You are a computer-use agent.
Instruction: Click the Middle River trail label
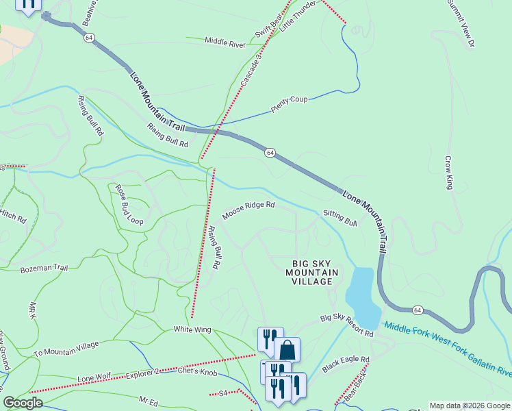pos(225,43)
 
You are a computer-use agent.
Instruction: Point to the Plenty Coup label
pos(289,104)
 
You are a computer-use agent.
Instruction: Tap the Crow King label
pos(449,173)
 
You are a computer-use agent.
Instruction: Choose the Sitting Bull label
pos(340,218)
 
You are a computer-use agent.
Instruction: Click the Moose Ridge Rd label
pos(248,206)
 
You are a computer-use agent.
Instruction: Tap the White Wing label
pos(192,329)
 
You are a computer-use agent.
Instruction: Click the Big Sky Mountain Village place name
pos(316,273)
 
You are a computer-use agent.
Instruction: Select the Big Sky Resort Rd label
pos(347,325)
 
